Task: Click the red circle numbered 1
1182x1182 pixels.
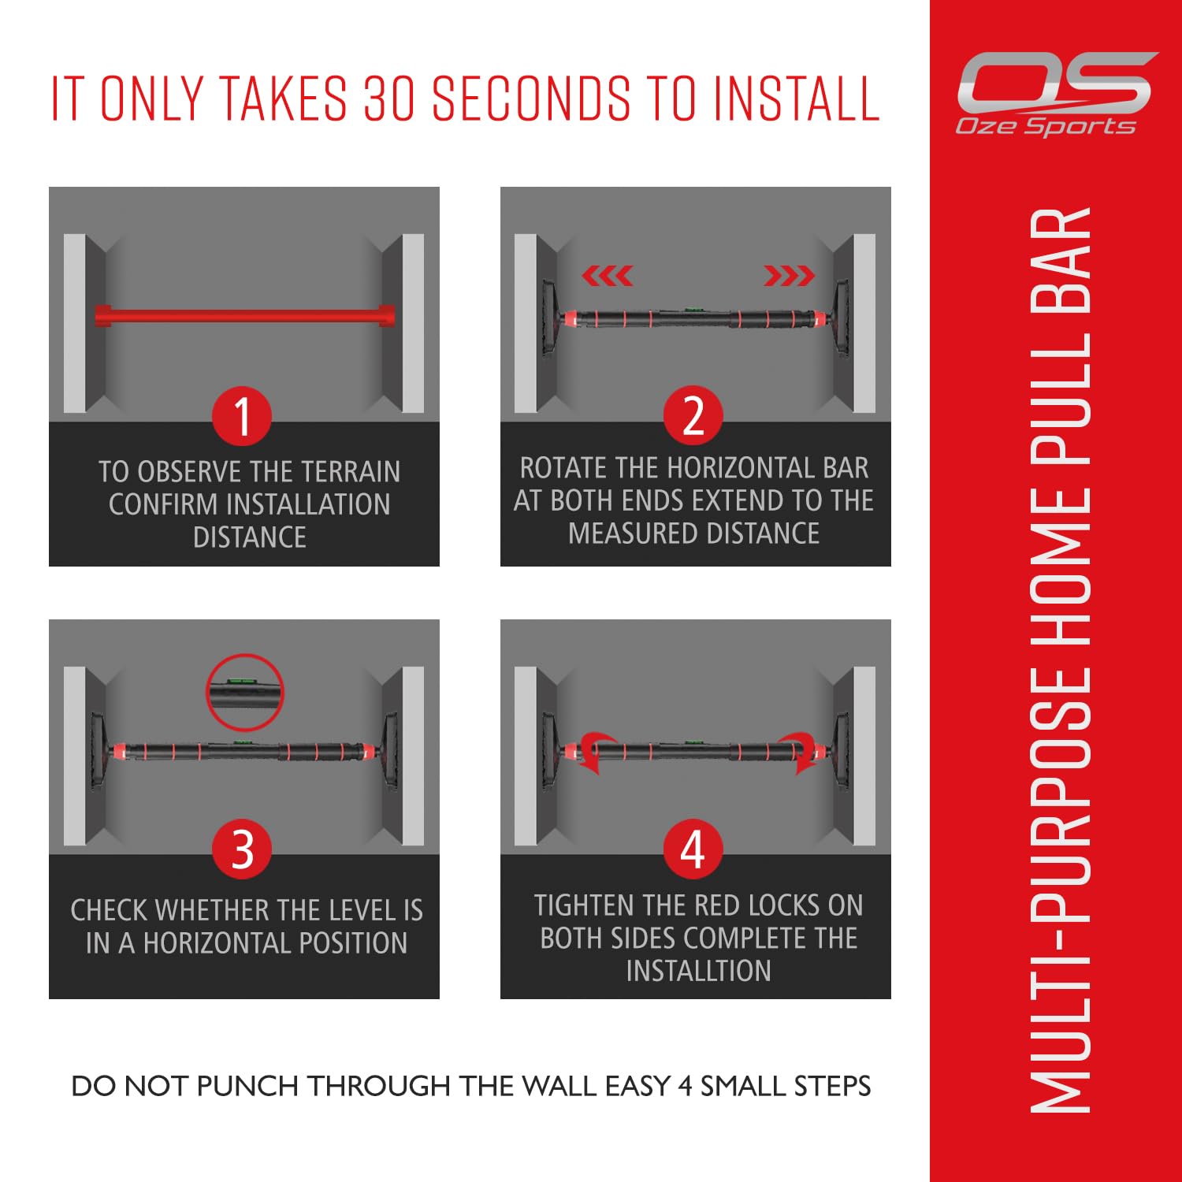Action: pos(242,416)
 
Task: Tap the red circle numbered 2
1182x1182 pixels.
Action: pos(693,415)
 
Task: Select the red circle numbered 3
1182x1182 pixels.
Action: pos(242,849)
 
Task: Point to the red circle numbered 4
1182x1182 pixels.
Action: pos(693,849)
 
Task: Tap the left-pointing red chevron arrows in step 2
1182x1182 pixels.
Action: pos(607,276)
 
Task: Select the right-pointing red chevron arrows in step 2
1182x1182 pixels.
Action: pos(789,276)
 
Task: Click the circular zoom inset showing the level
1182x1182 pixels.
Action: pos(245,693)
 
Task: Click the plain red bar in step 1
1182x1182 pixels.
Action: pos(245,315)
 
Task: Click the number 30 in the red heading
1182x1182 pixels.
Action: pos(389,98)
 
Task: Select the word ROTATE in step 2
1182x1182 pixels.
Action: pos(563,468)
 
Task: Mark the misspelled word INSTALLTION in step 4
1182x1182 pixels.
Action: pos(698,971)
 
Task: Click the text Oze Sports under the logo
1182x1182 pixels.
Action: pos(1046,126)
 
